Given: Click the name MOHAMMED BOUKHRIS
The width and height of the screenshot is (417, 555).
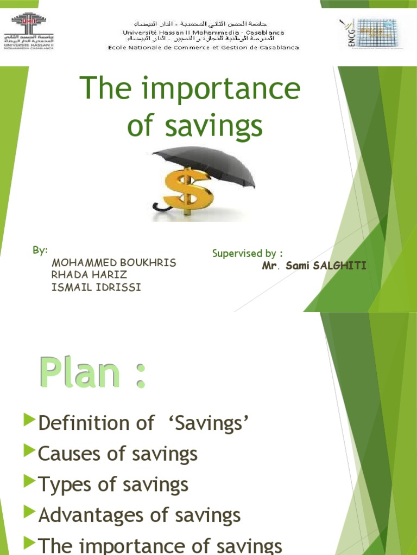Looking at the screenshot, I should (x=113, y=263).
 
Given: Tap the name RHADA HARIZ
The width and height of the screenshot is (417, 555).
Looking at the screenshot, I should (x=89, y=275).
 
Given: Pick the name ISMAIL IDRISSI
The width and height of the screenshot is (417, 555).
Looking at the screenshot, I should (x=96, y=287).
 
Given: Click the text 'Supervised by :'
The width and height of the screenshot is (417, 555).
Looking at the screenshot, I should (x=247, y=253).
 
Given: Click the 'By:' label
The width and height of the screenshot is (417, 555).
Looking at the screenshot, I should (x=40, y=250).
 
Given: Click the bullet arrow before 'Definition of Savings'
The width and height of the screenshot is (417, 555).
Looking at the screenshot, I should (x=29, y=419).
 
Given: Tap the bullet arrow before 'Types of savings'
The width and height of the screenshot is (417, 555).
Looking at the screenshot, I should (x=29, y=480).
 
